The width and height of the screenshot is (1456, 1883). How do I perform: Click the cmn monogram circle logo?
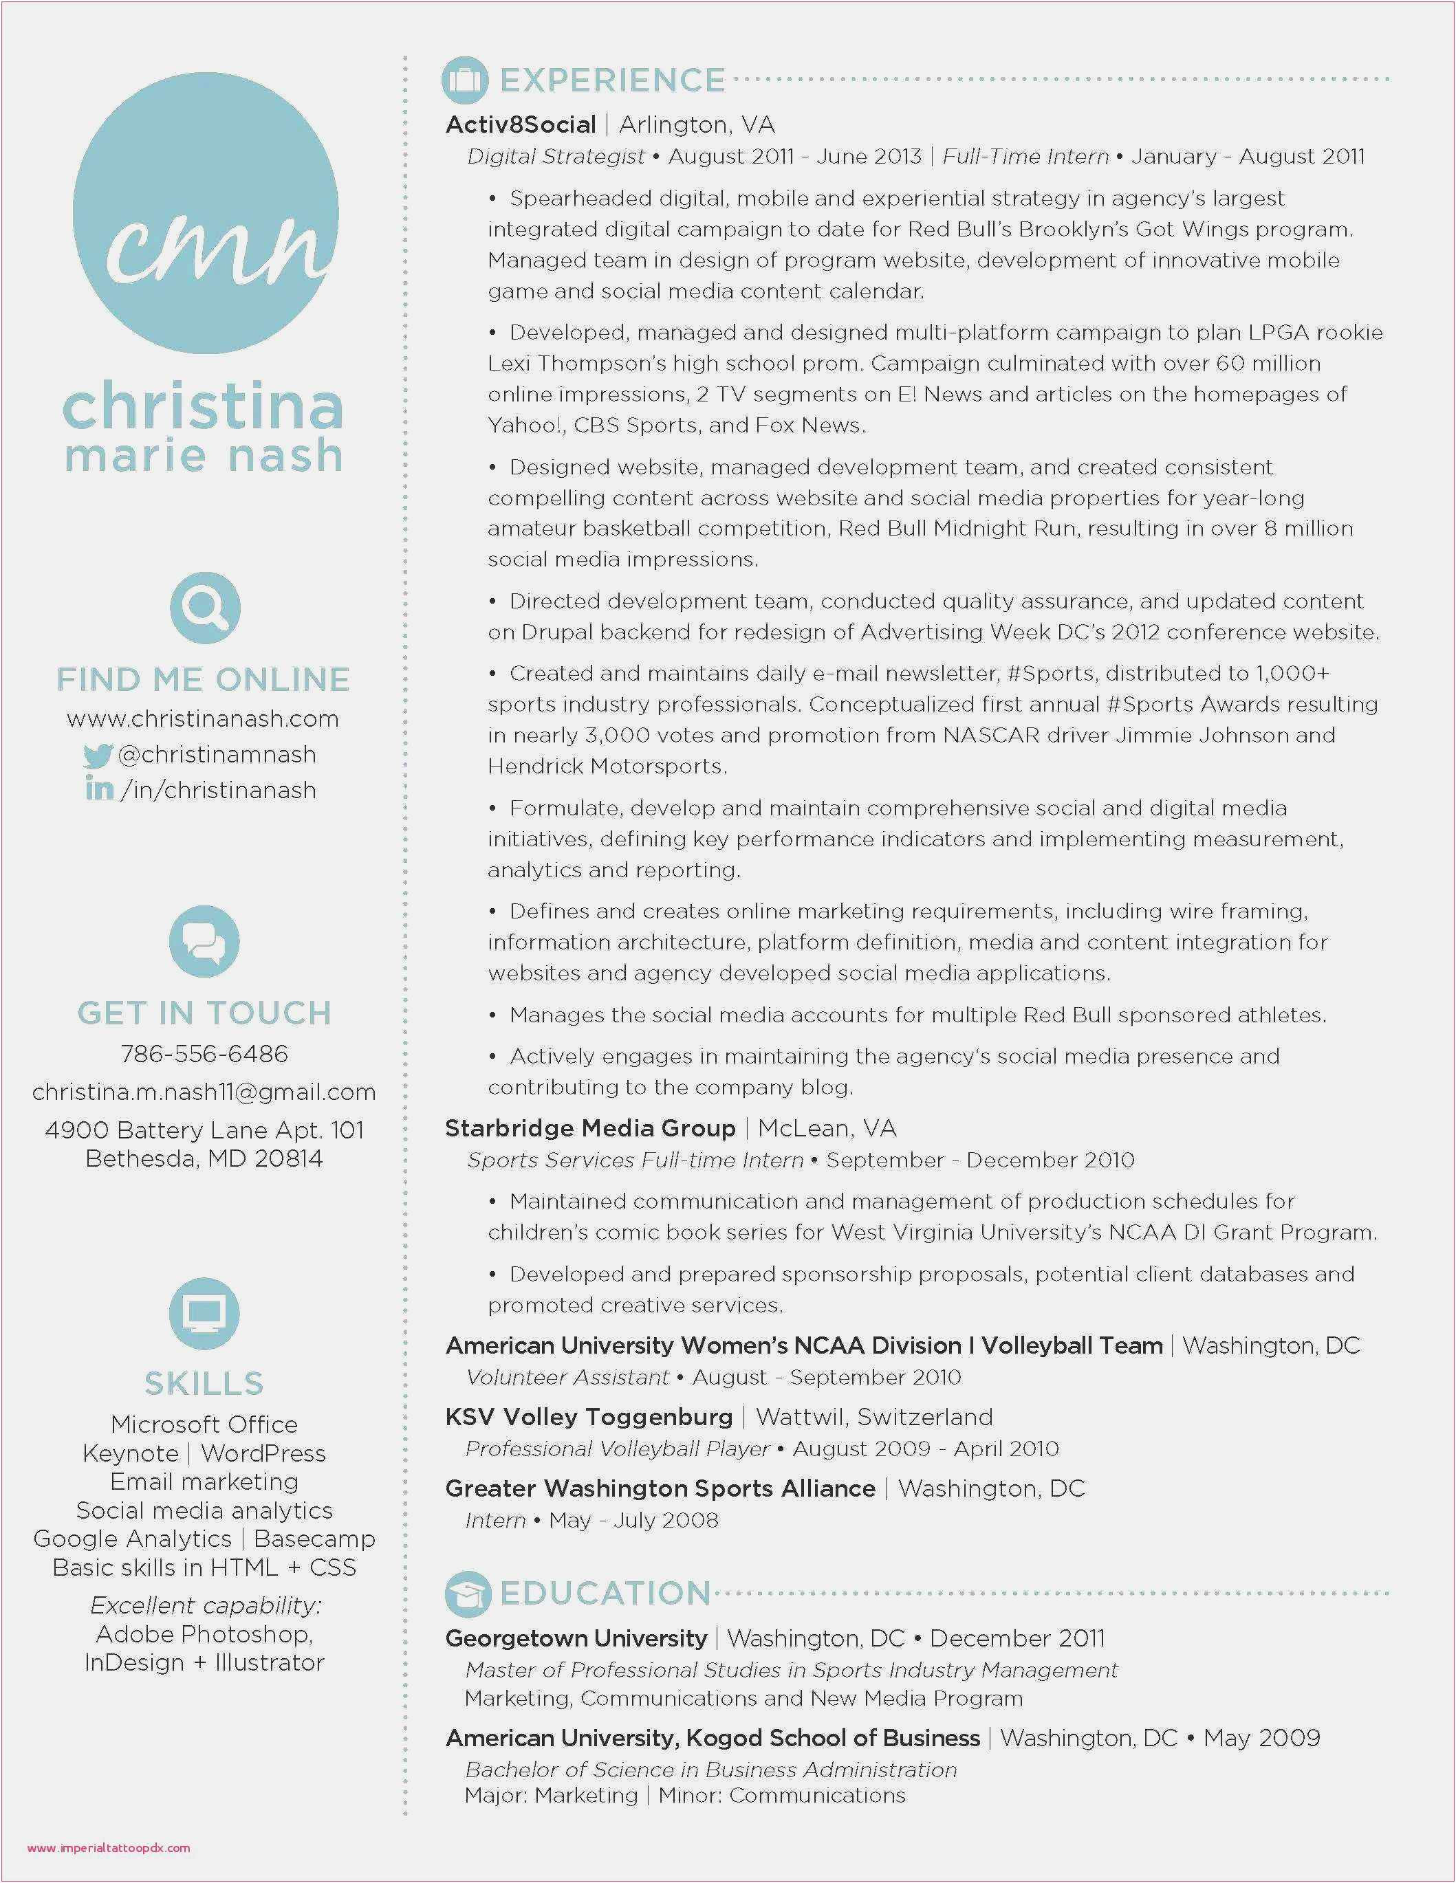(205, 213)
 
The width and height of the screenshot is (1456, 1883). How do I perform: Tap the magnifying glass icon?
(204, 608)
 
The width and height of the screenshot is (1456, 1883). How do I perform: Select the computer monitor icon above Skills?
(204, 1313)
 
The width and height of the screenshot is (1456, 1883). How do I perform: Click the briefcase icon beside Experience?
(465, 80)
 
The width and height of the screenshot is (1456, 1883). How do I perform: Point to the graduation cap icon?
(468, 1594)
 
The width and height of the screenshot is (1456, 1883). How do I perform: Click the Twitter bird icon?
(98, 756)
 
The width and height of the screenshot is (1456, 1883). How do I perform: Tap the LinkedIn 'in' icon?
(99, 788)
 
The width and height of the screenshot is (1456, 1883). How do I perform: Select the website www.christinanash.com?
(203, 719)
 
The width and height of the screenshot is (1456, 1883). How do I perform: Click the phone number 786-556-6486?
(204, 1054)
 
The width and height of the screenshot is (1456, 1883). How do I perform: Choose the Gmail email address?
(204, 1092)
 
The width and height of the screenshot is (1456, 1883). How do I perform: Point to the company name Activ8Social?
(520, 125)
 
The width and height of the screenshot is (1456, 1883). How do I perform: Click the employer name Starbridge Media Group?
(590, 1127)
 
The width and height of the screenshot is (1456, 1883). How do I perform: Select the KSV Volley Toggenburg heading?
(588, 1417)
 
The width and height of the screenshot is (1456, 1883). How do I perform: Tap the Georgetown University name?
(576, 1638)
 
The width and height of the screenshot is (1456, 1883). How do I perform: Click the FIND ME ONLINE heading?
(204, 679)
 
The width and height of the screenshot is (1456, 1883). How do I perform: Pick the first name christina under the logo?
(204, 407)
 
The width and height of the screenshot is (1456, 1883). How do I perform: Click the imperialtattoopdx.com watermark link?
(109, 1848)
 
